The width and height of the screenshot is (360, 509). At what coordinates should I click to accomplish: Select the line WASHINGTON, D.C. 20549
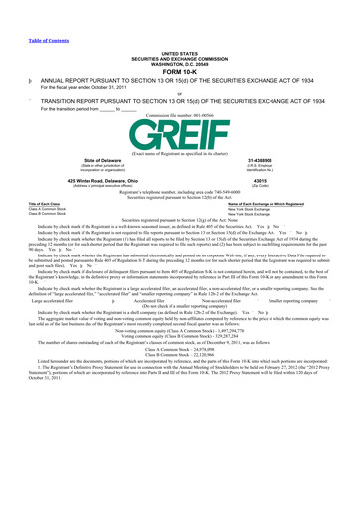pos(179,50)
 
